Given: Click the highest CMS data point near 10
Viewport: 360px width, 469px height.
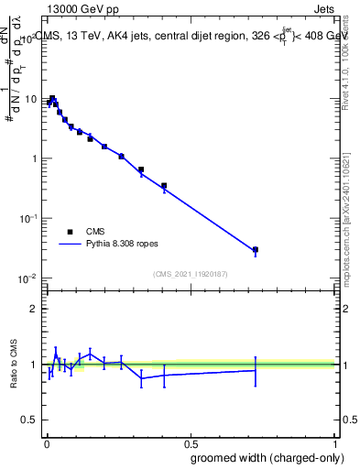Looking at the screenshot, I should click(x=52, y=98).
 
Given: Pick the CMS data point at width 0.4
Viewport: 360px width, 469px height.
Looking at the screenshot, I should click(x=164, y=186).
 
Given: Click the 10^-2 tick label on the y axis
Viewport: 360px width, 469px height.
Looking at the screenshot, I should click(x=27, y=278).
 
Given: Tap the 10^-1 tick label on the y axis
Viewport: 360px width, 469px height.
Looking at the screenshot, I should click(x=27, y=218).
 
